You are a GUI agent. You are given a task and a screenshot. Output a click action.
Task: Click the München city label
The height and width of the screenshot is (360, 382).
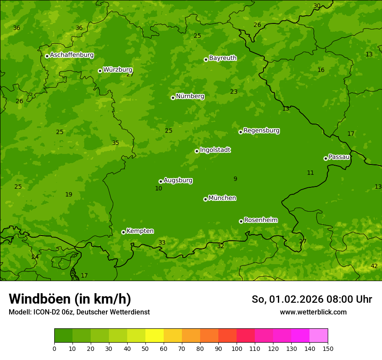pyautogui.click(x=222, y=198)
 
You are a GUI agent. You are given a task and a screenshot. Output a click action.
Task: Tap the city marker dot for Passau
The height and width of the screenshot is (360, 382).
pyautogui.click(x=326, y=158)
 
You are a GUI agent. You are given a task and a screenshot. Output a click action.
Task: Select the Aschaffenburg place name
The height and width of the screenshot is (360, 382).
pyautogui.click(x=72, y=55)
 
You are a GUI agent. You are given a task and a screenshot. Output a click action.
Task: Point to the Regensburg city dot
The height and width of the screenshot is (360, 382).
pyautogui.click(x=240, y=132)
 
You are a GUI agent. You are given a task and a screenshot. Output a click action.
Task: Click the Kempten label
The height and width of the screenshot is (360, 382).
pyautogui.click(x=140, y=231)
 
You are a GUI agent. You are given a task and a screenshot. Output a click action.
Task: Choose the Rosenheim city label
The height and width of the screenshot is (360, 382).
pyautogui.click(x=260, y=220)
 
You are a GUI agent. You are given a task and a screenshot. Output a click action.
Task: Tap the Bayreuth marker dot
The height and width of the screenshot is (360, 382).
pyautogui.click(x=206, y=59)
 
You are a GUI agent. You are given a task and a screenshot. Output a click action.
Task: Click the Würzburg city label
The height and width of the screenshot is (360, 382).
pyautogui.click(x=118, y=70)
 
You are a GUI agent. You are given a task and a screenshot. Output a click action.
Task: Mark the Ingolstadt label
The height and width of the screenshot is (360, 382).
pyautogui.click(x=215, y=150)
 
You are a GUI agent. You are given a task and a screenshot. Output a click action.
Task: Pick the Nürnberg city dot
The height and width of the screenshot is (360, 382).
pyautogui.click(x=173, y=98)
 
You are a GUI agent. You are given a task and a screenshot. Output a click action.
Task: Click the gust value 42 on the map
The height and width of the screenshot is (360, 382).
pyautogui.click(x=374, y=266)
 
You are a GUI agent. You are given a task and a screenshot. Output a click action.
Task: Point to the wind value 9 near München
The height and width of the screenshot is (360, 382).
pyautogui.click(x=235, y=179)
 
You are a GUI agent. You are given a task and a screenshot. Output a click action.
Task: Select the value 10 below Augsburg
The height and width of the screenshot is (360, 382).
pyautogui.click(x=158, y=188)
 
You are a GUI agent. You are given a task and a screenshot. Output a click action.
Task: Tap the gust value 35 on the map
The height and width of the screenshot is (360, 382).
pyautogui.click(x=115, y=143)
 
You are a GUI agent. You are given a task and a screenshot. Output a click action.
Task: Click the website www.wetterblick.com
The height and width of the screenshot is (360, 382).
pyautogui.click(x=313, y=312)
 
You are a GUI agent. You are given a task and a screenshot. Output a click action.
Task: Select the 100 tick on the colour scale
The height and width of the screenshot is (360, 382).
pyautogui.click(x=237, y=348)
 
